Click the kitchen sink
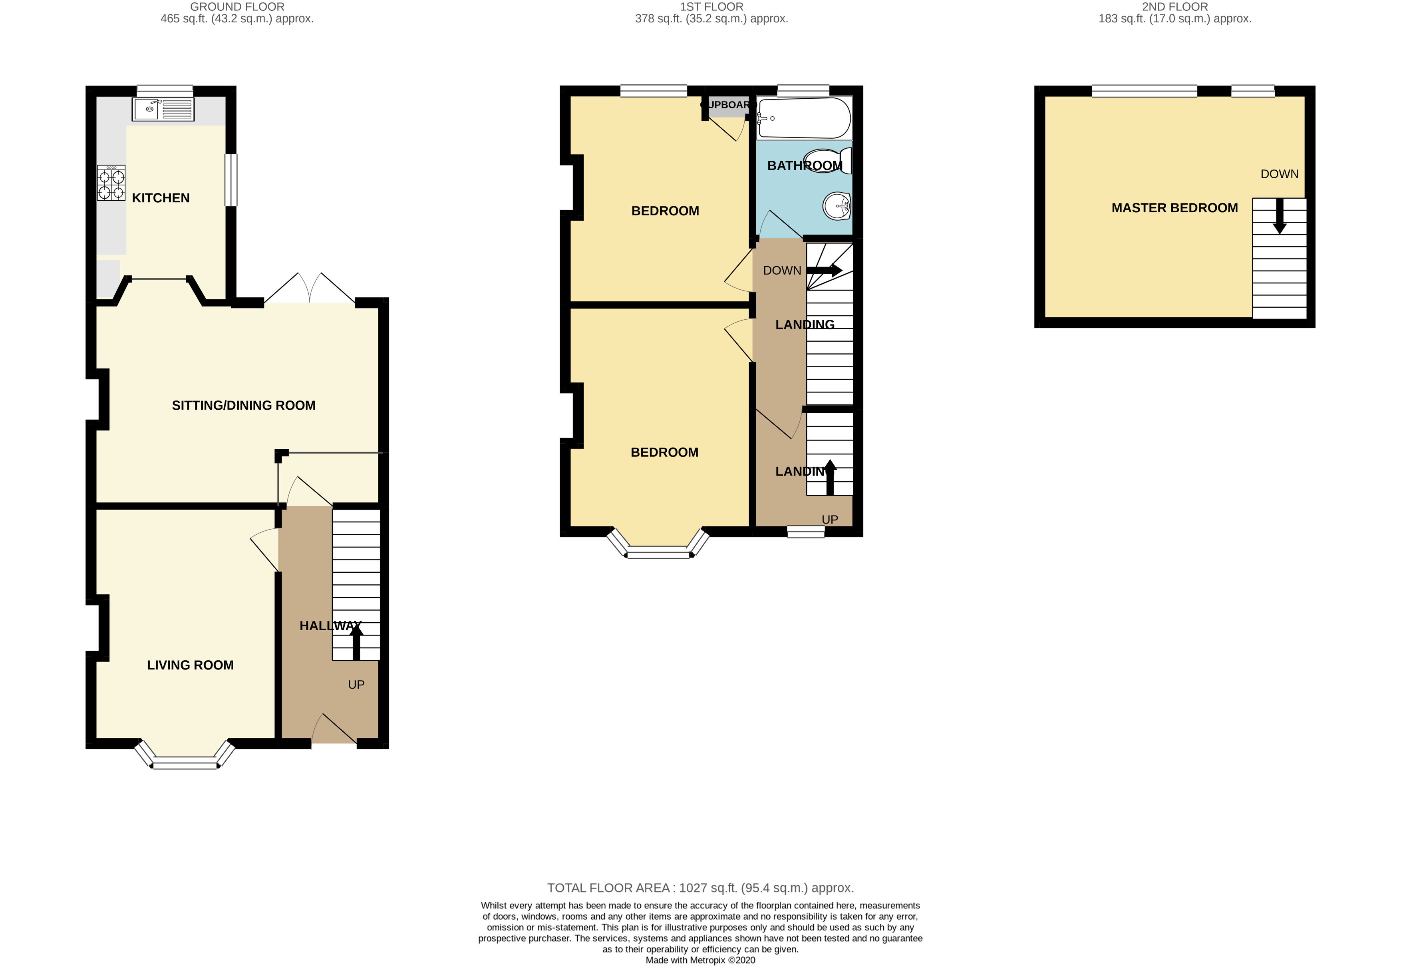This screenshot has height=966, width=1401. (x=163, y=110)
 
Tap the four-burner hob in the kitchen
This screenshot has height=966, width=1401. (x=111, y=183)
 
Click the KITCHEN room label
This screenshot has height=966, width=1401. (x=161, y=198)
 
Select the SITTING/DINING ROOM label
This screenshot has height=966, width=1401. (x=243, y=406)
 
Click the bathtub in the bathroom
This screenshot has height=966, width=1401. (x=804, y=118)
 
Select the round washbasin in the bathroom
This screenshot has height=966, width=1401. (x=837, y=206)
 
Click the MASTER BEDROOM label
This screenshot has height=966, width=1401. (x=1174, y=208)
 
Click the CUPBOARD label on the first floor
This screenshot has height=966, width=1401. (x=729, y=105)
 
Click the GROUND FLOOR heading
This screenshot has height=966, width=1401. (x=237, y=7)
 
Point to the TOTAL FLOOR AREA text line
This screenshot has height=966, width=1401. (x=700, y=888)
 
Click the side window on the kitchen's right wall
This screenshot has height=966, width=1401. (x=231, y=180)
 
